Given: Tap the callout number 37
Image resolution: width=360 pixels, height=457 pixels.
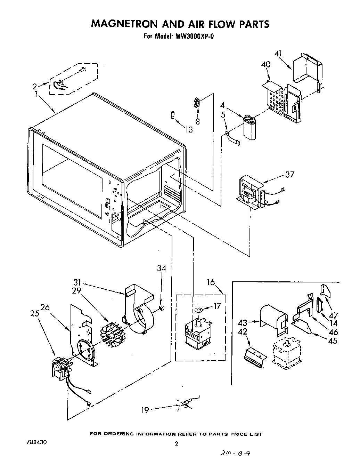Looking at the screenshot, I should click(x=289, y=174).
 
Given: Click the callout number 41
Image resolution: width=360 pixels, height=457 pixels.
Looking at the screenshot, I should click(x=278, y=54).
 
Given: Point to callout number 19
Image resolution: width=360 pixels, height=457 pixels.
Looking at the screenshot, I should click(x=145, y=410).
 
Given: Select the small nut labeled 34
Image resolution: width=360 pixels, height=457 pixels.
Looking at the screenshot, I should click(x=161, y=307).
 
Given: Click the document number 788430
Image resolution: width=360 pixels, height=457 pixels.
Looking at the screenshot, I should click(x=36, y=443).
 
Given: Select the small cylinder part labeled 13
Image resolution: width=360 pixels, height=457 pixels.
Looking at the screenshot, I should click(x=172, y=115).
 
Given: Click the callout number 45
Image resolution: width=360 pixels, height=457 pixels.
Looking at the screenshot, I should click(x=333, y=340).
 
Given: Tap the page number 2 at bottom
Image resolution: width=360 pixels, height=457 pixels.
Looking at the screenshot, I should click(x=176, y=444).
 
